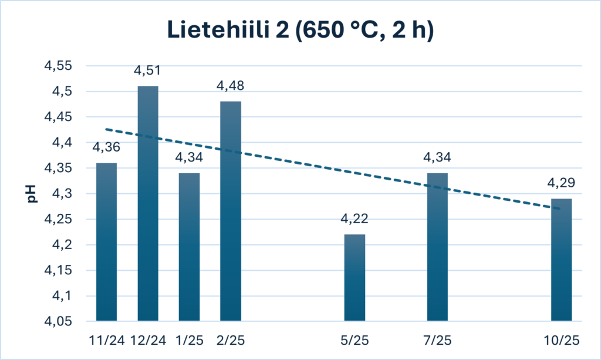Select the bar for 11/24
coord(106,242)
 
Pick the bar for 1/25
coord(189,247)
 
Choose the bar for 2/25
coord(230,211)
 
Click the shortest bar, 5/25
coord(354,278)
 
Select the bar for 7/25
coord(437,247)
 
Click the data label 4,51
coord(147,71)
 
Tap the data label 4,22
coord(354,220)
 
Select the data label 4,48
coord(230,86)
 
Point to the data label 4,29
coord(561,183)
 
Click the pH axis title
coord(32,194)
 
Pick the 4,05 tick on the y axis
coord(58,322)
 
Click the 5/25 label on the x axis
coord(354,340)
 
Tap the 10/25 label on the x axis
coord(561,340)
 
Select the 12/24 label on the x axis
coord(147,340)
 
